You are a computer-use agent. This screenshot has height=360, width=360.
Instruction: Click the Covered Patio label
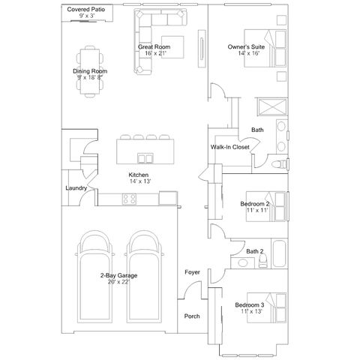coord(86,10)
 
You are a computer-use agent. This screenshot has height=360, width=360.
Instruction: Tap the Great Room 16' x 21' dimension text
coord(155,53)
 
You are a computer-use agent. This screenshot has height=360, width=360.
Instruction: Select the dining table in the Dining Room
coord(90,71)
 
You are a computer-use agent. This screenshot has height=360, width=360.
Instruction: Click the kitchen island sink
coord(145,158)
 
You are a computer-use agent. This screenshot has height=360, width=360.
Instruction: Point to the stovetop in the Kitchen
coord(129,199)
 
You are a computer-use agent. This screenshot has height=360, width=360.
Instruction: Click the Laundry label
coord(76,188)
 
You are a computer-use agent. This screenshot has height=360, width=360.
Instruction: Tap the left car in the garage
coord(94,277)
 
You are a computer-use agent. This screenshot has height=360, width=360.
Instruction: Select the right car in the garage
coord(144,277)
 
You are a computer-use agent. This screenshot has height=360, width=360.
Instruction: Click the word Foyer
coord(192,272)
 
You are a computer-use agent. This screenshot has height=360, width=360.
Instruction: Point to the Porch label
coord(192,316)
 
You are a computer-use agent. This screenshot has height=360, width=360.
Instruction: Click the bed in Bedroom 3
coord(266,307)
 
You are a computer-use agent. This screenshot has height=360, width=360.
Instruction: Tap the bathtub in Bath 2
coord(279,253)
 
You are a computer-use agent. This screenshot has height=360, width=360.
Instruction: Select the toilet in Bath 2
coord(262,261)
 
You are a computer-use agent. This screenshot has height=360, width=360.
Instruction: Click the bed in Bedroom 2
coord(265,206)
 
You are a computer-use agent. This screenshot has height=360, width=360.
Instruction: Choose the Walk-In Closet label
coord(230,147)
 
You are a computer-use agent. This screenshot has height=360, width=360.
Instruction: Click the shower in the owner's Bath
coord(272,107)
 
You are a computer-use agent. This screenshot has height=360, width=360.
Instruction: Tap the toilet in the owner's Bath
coord(280,164)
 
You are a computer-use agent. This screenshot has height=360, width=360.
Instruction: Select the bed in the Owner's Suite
coord(265,48)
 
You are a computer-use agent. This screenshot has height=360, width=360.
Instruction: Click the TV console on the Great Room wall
coord(202,49)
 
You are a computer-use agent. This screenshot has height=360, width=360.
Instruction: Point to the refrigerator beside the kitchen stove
coord(168,198)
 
